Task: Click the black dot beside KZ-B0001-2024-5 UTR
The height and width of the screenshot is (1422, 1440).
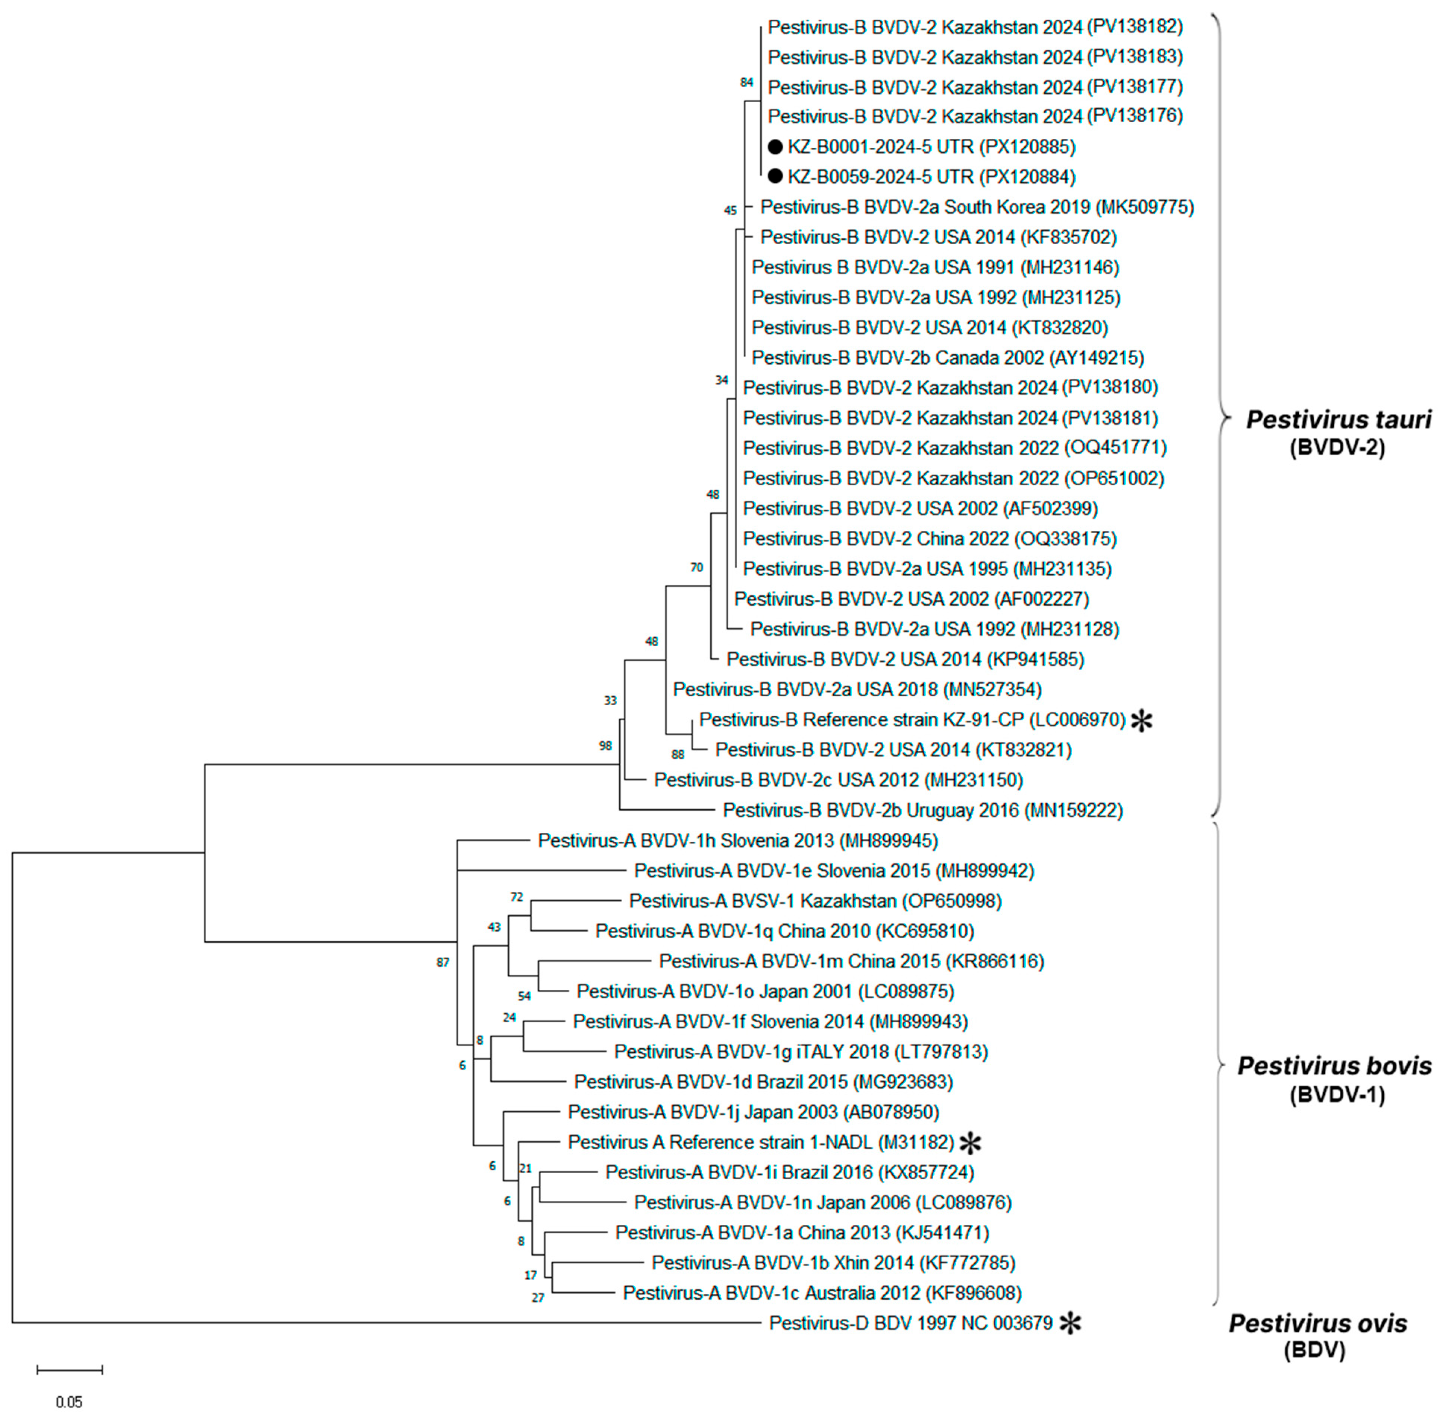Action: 775,147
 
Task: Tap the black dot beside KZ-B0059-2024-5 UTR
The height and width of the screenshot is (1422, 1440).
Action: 775,177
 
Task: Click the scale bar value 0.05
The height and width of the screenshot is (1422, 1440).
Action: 69,1402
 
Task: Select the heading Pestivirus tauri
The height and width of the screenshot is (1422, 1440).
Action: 1338,420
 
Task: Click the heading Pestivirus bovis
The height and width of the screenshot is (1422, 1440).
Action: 1334,1066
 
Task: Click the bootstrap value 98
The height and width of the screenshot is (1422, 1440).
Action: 605,745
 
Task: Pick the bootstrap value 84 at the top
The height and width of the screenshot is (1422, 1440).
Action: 746,82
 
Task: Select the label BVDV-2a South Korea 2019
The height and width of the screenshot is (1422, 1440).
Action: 977,207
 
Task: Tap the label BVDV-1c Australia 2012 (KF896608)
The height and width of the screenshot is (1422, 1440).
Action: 822,1293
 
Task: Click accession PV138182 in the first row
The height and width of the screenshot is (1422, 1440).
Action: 1134,27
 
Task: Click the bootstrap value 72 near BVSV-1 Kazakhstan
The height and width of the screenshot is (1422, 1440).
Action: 516,897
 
